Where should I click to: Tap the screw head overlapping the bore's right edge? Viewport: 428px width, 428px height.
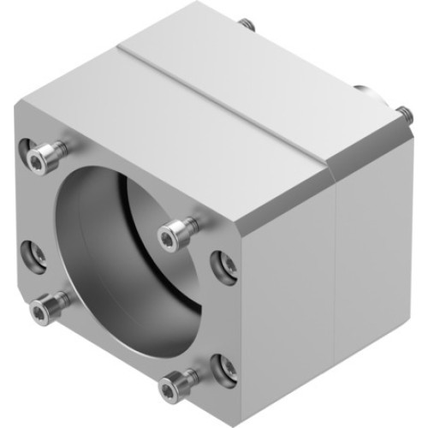[x=174, y=229]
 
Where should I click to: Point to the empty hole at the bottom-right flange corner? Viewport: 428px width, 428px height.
[x=225, y=367]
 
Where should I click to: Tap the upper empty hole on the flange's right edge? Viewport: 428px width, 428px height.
[x=225, y=265]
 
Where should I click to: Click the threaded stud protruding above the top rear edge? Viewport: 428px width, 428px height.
[x=248, y=23]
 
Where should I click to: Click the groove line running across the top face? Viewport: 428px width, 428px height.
[x=223, y=103]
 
